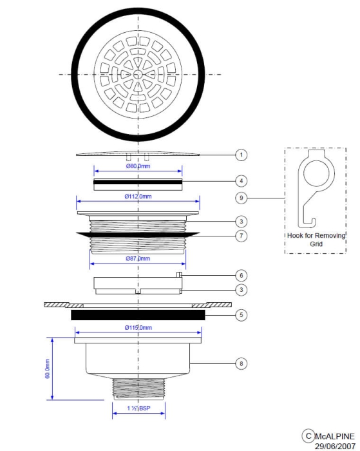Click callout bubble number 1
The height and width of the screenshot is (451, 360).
(240, 155)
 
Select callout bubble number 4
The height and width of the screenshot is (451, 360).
(240, 181)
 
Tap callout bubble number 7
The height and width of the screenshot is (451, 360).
(240, 236)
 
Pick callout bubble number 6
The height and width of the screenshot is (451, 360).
(240, 274)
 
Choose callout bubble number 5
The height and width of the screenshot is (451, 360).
(240, 316)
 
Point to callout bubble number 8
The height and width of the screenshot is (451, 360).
(240, 364)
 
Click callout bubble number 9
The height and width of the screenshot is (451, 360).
(240, 198)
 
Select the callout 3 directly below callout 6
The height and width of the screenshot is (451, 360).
(240, 290)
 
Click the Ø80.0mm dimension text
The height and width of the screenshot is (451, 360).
(138, 166)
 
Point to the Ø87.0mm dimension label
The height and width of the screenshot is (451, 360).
(138, 258)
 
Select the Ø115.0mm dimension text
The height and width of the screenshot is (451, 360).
(138, 328)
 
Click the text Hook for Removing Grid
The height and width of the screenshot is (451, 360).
(316, 240)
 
